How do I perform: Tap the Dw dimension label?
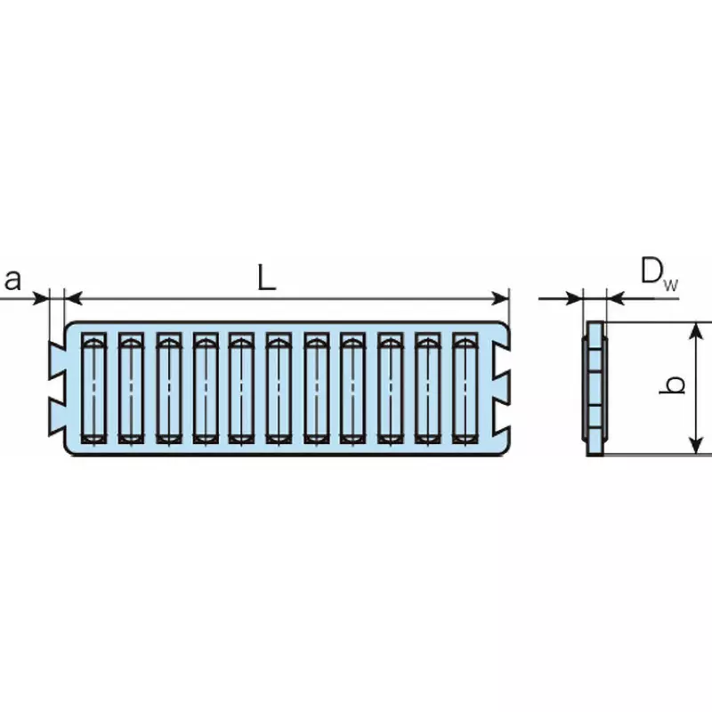tap(658, 272)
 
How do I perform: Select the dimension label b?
tap(676, 385)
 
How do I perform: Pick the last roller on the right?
tap(465, 388)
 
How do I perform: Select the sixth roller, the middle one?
tap(278, 388)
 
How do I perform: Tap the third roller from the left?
tap(167, 388)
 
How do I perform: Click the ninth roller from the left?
tap(390, 388)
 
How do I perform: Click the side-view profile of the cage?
tap(595, 388)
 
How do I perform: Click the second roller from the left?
tap(131, 388)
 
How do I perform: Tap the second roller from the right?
tap(427, 388)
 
